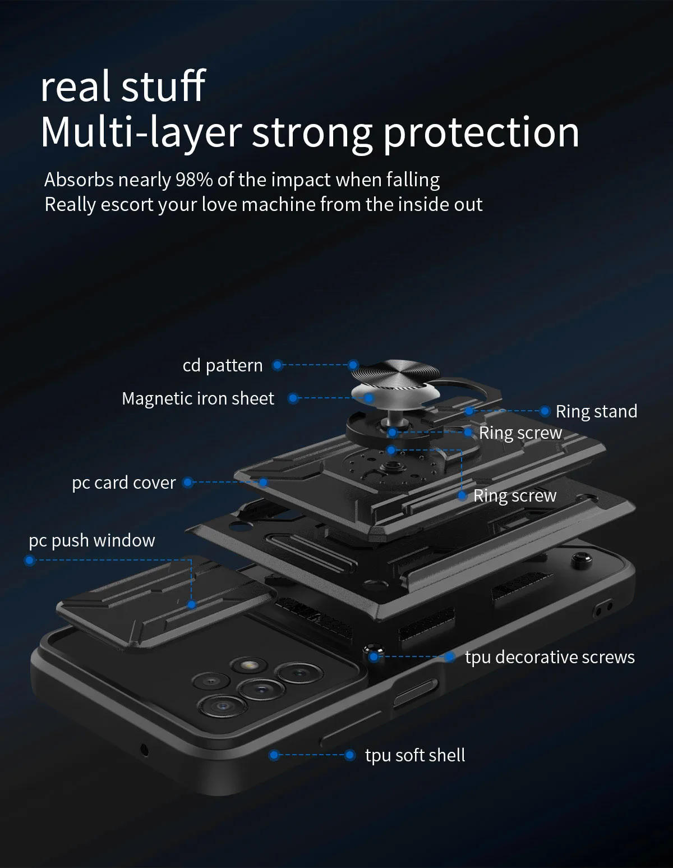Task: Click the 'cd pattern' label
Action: coord(222,366)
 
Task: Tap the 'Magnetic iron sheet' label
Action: coord(198,398)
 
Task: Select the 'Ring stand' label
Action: coord(596,411)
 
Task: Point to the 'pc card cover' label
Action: coord(123,483)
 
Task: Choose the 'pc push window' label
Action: coord(92,540)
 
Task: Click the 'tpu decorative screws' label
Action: coord(550,657)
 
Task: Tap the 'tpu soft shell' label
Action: coord(415,755)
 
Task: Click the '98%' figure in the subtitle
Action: coord(194,180)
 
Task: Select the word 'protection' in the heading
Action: coord(481,132)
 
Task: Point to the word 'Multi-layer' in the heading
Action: coord(141,132)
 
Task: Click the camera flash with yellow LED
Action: coord(247,666)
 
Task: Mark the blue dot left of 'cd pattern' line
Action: coord(277,365)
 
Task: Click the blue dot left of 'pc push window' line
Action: coord(30,560)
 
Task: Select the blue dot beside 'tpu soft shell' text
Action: coord(349,755)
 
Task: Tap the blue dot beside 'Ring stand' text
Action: coord(545,411)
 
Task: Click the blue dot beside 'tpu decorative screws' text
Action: coord(450,656)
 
